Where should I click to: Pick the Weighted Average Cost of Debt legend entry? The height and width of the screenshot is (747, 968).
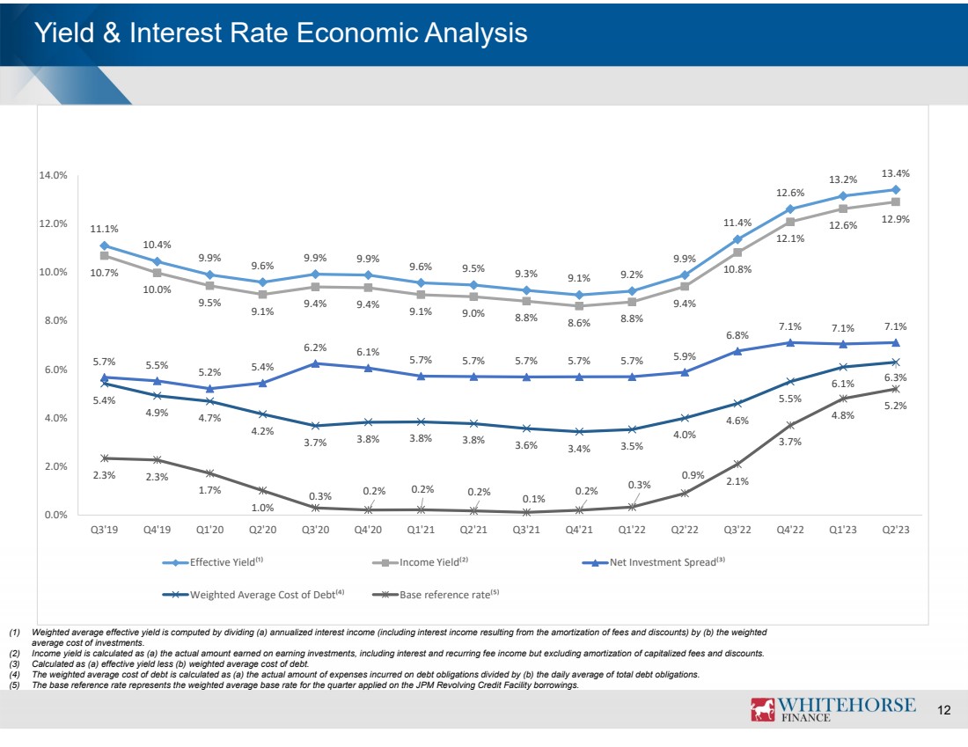point(263,595)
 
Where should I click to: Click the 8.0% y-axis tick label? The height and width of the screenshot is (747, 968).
point(56,321)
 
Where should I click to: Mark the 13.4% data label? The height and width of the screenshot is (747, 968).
point(896,172)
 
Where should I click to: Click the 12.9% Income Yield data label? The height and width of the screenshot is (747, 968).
point(896,219)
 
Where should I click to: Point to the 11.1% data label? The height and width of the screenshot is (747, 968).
point(104,229)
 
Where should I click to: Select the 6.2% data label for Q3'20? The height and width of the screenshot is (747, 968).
point(315,348)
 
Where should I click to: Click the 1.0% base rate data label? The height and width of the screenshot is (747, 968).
point(262,508)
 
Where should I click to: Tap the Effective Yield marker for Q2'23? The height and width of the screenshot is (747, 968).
point(895,190)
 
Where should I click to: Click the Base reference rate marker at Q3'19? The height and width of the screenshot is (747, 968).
point(104,458)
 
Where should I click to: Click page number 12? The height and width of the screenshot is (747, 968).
point(945,710)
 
